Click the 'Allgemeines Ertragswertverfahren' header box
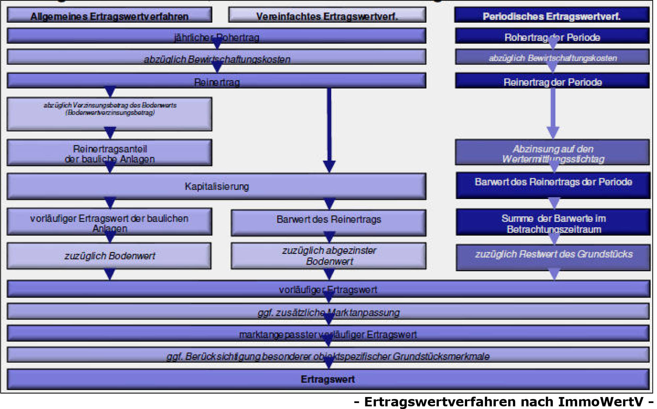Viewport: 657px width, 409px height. (x=109, y=16)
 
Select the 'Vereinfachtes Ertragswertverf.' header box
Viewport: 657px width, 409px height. (x=327, y=16)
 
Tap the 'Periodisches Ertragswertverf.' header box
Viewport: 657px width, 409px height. (x=552, y=16)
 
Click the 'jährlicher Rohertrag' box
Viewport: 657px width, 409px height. (x=216, y=36)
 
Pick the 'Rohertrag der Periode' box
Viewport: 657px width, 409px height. (x=552, y=36)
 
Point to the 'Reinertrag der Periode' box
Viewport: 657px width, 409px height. (x=552, y=81)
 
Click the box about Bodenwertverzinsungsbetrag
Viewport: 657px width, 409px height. (x=109, y=114)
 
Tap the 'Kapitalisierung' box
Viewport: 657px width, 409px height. (x=216, y=186)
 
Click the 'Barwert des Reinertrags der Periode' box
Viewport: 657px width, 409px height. (x=553, y=185)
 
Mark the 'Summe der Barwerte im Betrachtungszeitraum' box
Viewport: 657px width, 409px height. (x=553, y=222)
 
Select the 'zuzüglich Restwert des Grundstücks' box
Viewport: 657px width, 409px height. (x=553, y=257)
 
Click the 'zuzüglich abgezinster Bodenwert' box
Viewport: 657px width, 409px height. (x=328, y=256)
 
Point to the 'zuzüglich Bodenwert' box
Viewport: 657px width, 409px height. (x=109, y=256)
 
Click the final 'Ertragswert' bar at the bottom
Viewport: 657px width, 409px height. (x=328, y=379)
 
